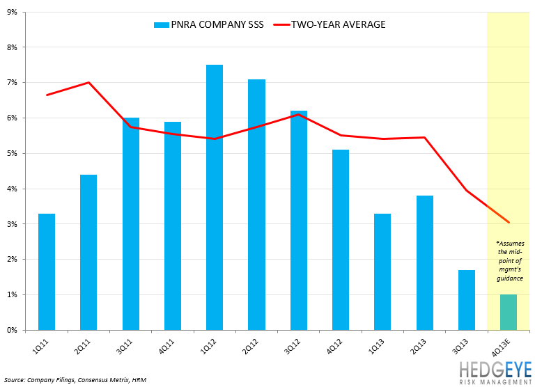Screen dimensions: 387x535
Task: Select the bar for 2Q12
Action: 256,205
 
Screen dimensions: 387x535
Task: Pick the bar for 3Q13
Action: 467,299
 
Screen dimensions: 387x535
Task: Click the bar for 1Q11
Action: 47,271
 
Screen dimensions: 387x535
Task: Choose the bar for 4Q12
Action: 341,239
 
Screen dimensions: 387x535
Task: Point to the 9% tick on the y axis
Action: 15,12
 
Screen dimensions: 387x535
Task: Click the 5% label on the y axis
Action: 15,153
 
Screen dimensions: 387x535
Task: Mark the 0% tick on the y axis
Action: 15,330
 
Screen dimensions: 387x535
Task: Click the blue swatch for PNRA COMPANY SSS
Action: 162,25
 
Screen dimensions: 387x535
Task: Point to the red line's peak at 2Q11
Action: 88,83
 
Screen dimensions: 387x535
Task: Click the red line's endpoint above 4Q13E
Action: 509,223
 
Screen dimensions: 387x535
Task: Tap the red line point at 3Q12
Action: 298,114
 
